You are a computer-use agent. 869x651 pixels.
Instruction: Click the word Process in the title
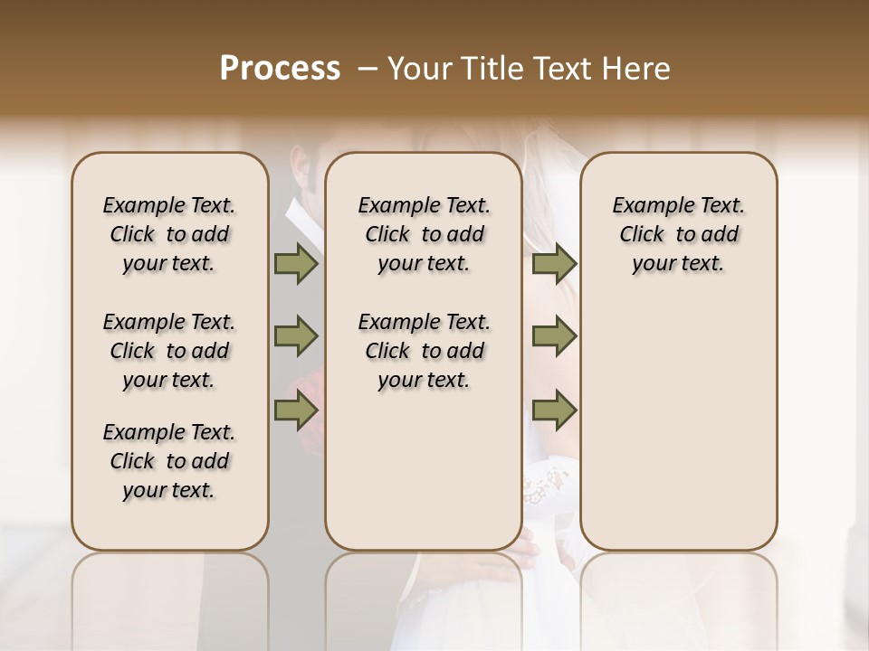[280, 69]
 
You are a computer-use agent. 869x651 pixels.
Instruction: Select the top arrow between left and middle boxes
[296, 264]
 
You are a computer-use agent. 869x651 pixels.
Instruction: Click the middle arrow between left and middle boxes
[296, 337]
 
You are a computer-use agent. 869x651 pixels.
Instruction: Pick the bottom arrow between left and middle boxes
[296, 411]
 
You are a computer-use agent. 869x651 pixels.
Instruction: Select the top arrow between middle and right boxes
[554, 264]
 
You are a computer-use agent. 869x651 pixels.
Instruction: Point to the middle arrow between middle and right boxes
[554, 337]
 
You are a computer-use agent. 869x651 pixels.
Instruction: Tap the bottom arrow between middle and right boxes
[554, 411]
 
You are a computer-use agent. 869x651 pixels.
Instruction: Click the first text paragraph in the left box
[169, 234]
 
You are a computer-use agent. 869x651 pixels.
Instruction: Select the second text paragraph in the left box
[169, 351]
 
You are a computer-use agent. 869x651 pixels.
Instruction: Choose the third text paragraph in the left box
[169, 461]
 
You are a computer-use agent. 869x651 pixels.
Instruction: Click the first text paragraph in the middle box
[424, 234]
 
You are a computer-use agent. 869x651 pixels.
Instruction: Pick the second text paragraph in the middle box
[424, 351]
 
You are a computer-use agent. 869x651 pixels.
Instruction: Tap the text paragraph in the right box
[678, 234]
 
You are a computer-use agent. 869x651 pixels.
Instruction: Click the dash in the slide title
[366, 69]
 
